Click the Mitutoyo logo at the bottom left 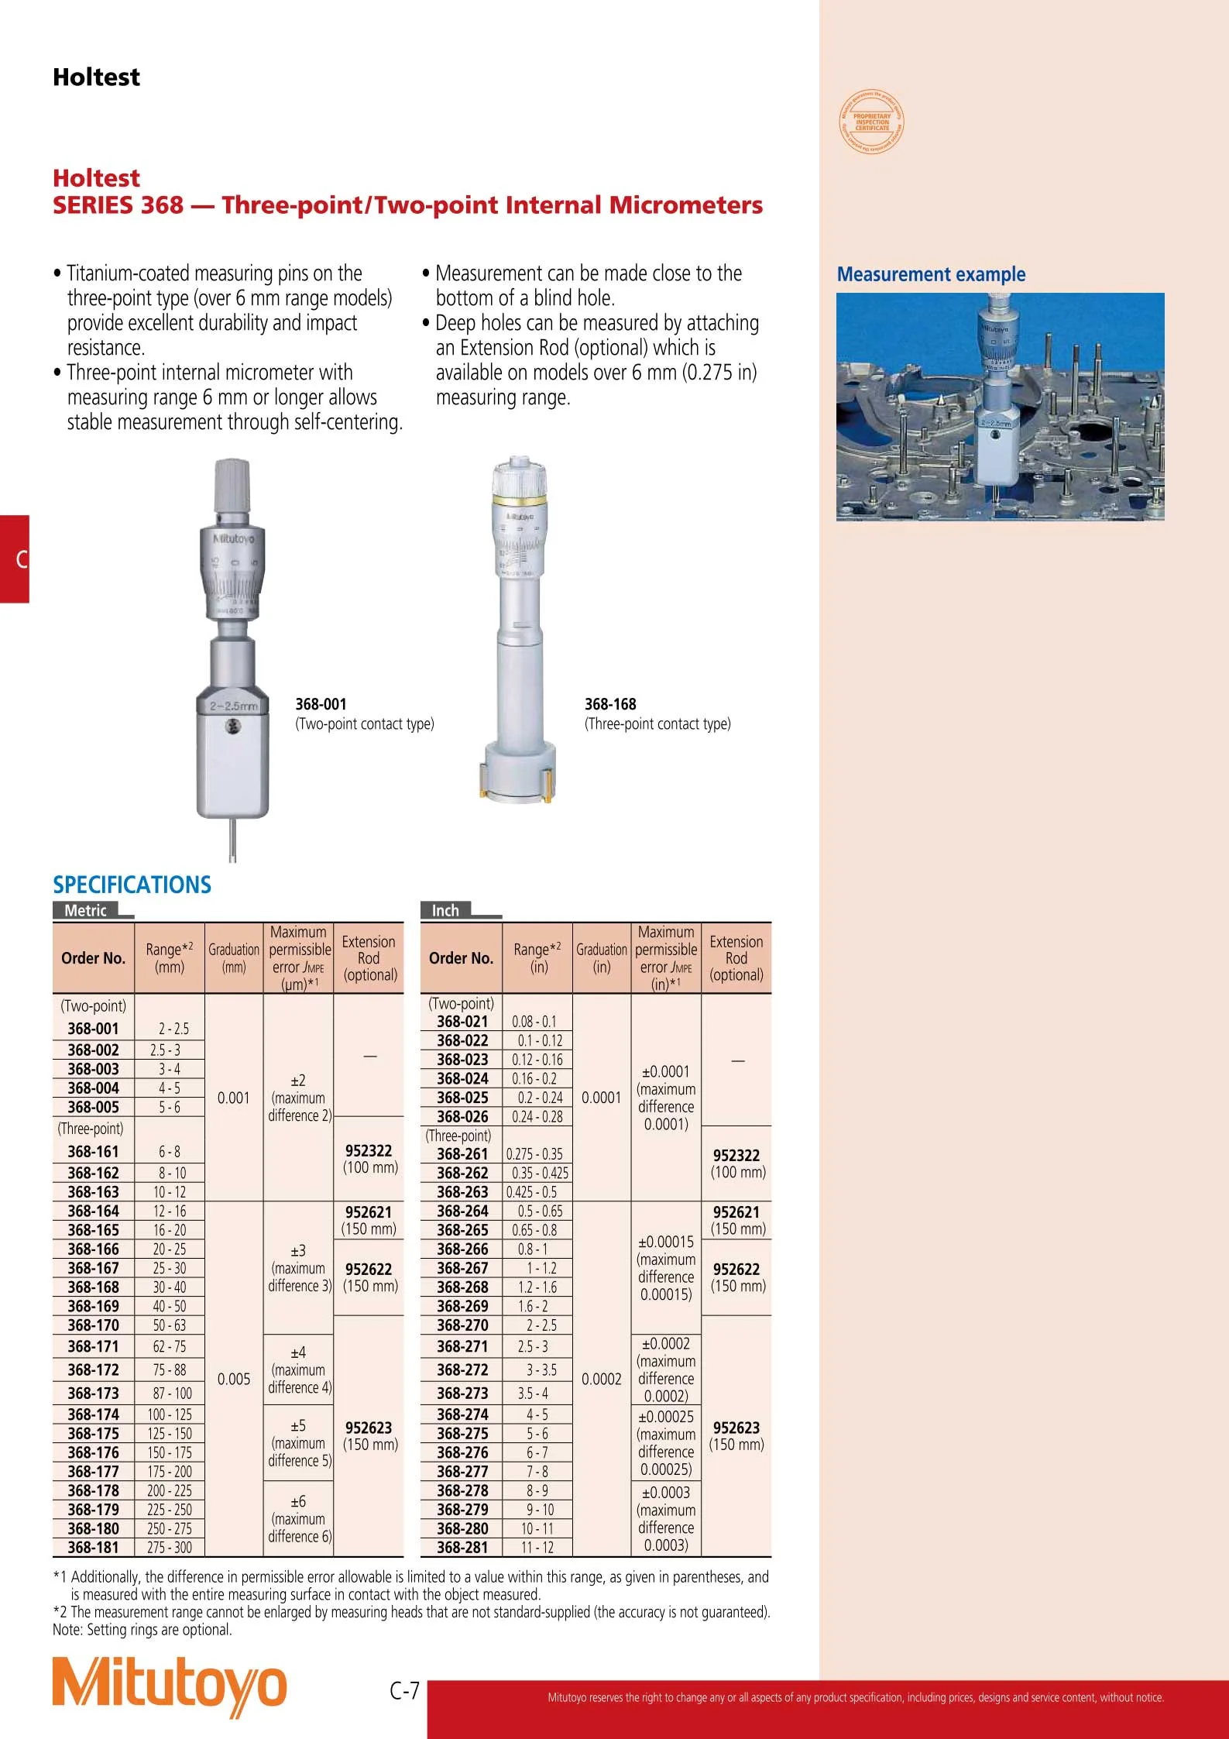coord(169,1686)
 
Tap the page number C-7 coord(403,1690)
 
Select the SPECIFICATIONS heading coord(132,885)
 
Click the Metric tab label coord(85,910)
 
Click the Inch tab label coord(445,910)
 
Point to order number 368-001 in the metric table coord(93,1029)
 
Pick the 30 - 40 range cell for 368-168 coord(170,1287)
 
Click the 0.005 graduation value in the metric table coord(234,1379)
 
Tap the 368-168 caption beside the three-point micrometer coord(610,704)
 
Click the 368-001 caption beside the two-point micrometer coord(321,704)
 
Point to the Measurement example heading coord(931,274)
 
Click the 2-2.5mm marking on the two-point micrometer coord(233,706)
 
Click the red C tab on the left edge coord(15,558)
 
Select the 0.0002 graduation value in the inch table coord(602,1379)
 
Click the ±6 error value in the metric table coord(298,1501)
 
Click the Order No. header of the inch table coord(461,958)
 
